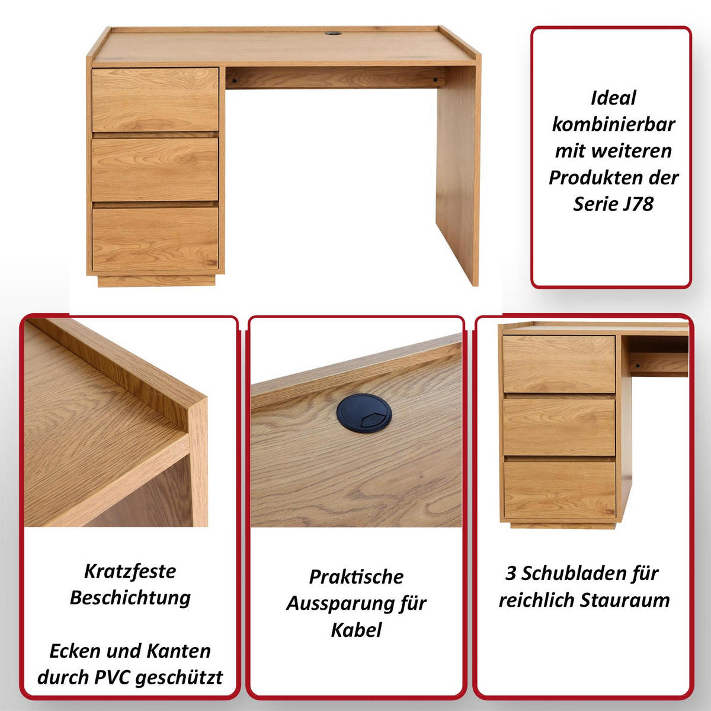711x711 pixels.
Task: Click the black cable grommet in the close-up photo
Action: click(364, 413)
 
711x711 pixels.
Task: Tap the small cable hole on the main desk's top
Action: click(332, 34)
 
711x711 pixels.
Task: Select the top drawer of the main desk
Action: click(155, 100)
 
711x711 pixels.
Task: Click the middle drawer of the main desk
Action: click(155, 169)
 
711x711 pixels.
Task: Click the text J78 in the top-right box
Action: click(638, 204)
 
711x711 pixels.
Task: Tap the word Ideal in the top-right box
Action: click(613, 98)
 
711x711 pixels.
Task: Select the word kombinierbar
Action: click(613, 124)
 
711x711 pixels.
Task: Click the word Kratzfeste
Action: click(130, 571)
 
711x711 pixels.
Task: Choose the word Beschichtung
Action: click(130, 597)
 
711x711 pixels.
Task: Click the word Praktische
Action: click(356, 577)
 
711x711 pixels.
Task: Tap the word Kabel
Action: click(356, 629)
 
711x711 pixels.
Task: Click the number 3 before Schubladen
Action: click(511, 573)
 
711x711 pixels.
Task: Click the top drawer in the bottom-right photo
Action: click(559, 364)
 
